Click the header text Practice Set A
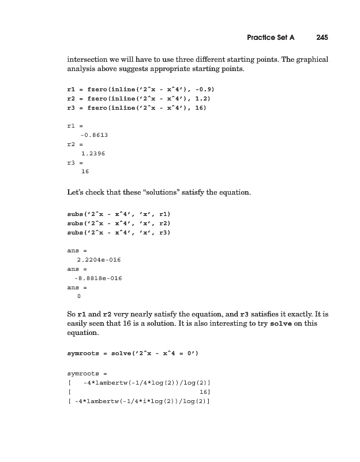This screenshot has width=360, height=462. [x=271, y=38]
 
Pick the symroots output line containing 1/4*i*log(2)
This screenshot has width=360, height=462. [x=138, y=401]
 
